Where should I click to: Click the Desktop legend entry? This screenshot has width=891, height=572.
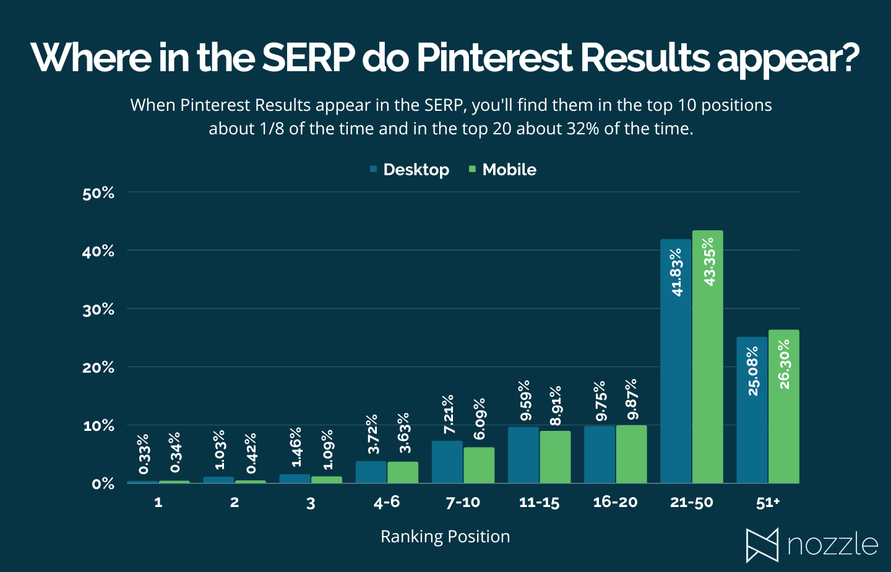point(410,170)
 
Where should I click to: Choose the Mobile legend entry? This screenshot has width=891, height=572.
point(502,170)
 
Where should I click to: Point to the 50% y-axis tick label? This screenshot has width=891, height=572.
point(98,193)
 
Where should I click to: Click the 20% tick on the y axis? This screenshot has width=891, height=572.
point(98,368)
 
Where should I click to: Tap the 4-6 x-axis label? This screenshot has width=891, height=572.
point(387,502)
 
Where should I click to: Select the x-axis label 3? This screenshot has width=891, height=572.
point(311,503)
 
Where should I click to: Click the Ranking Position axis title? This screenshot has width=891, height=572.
point(445,536)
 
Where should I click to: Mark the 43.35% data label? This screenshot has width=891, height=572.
point(709,261)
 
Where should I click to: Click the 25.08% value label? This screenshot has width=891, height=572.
point(753,370)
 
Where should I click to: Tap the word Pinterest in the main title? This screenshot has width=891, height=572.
point(494,58)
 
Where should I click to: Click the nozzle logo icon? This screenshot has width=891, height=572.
point(762,545)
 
